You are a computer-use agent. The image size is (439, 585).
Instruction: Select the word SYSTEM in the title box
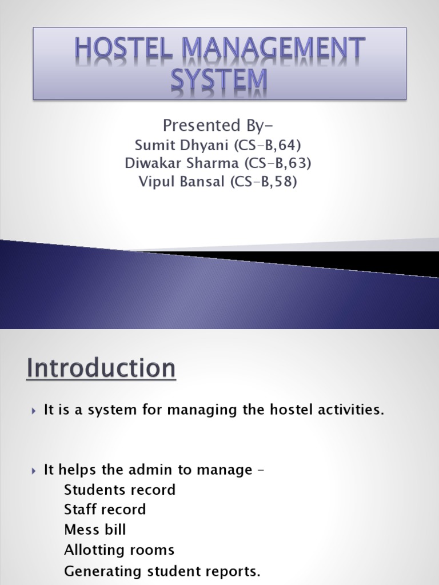tap(219, 81)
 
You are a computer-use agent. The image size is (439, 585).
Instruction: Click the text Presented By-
tap(219, 124)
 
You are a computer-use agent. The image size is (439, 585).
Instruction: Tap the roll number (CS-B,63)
tap(277, 163)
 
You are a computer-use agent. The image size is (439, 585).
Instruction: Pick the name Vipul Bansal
tap(179, 183)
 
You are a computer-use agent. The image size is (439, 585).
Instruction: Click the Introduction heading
tap(101, 368)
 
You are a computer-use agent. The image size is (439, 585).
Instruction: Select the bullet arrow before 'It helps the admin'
tap(33, 471)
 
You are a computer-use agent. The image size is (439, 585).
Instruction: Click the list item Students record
tap(119, 490)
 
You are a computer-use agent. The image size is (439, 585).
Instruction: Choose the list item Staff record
tap(105, 509)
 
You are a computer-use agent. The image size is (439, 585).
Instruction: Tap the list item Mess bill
tap(95, 530)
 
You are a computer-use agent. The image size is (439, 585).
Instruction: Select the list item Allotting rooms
tap(119, 550)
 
